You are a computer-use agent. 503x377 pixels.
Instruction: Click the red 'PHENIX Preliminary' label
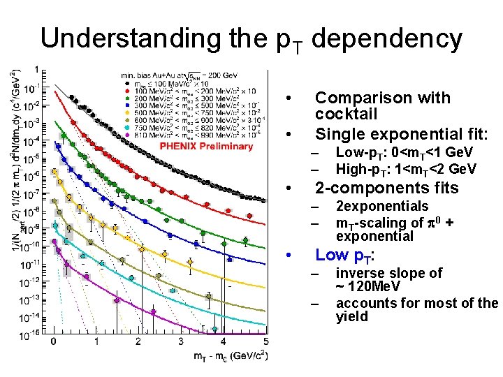click(x=205, y=146)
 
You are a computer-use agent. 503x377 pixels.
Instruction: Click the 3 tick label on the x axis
click(x=180, y=342)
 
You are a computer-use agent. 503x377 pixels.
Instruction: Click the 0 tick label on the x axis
click(x=54, y=342)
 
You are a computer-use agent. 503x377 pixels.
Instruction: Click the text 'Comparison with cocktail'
click(x=382, y=105)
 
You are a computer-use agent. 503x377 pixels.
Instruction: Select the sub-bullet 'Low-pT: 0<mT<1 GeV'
click(x=404, y=152)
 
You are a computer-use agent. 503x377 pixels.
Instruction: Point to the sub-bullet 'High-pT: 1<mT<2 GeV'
click(x=406, y=169)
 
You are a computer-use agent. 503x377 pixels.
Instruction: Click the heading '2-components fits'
click(x=386, y=188)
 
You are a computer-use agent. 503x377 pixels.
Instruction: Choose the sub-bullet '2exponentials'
click(x=381, y=206)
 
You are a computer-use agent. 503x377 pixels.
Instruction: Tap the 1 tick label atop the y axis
click(x=36, y=71)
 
